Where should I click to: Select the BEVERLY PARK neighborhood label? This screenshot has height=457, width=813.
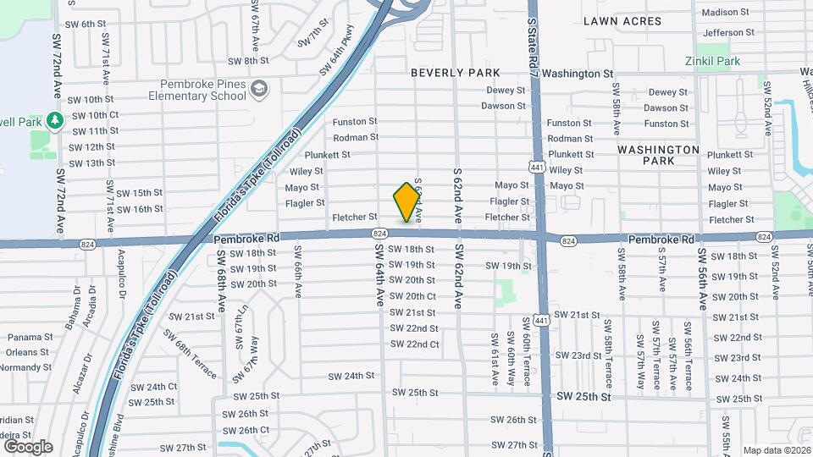[456, 73]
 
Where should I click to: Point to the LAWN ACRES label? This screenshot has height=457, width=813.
[621, 19]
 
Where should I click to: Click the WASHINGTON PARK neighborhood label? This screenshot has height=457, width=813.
[658, 155]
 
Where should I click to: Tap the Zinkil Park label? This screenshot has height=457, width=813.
[713, 61]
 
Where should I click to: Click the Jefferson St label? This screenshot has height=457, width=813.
[728, 32]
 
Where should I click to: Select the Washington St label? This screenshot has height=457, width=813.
[578, 74]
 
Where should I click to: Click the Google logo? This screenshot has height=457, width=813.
[28, 446]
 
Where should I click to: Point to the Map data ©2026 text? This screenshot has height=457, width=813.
[777, 450]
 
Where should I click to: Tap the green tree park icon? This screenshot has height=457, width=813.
[55, 121]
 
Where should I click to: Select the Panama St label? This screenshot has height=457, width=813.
[30, 337]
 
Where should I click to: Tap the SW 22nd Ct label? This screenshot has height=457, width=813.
[414, 344]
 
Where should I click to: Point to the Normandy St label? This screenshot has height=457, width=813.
[26, 367]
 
